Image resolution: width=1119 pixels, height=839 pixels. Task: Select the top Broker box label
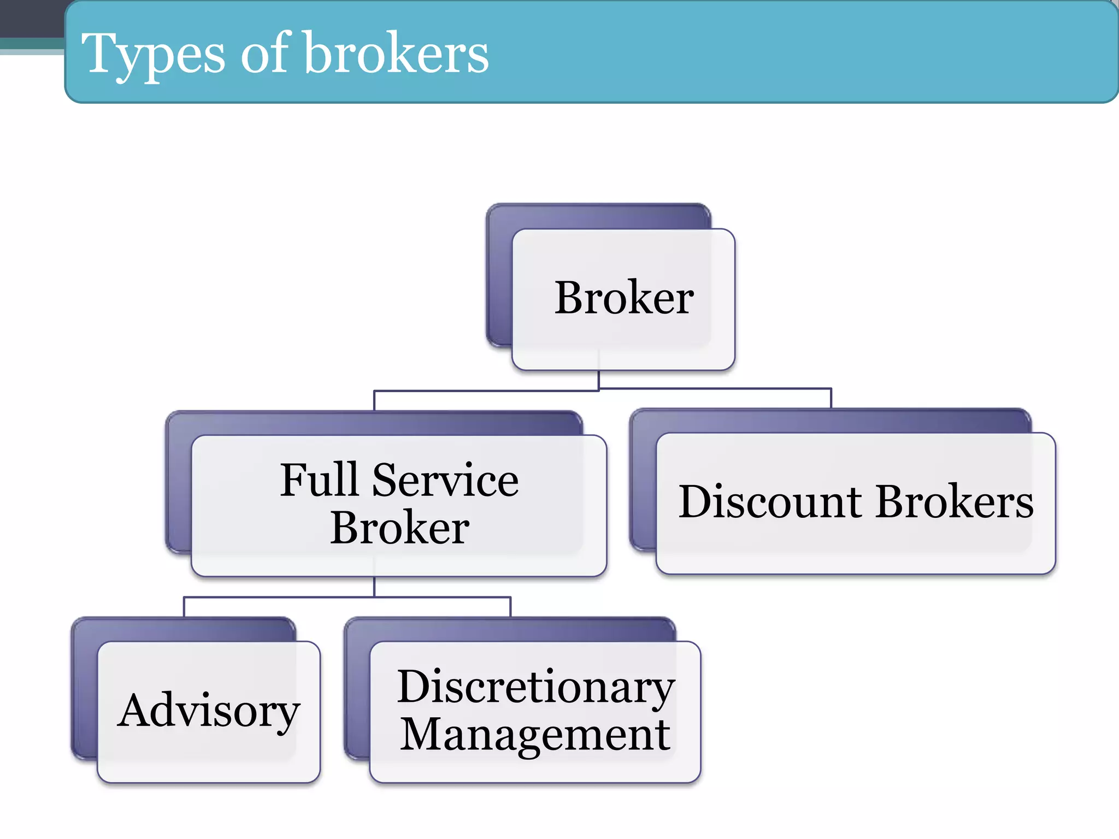tap(624, 298)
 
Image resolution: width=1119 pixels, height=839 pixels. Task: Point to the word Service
tap(445, 481)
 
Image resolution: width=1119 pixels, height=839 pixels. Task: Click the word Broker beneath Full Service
tap(399, 528)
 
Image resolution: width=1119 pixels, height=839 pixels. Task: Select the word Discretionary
tap(535, 687)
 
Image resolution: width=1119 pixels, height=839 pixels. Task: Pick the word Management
tap(535, 735)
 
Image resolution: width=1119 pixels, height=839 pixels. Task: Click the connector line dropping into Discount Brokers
tap(831, 398)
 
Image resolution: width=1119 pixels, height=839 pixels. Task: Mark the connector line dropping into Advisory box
tap(184, 607)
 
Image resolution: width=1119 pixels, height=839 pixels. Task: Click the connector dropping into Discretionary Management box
tap(510, 607)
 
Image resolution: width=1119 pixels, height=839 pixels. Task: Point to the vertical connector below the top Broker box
tap(599, 380)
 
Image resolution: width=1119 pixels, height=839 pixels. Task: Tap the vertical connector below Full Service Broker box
tap(374, 587)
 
